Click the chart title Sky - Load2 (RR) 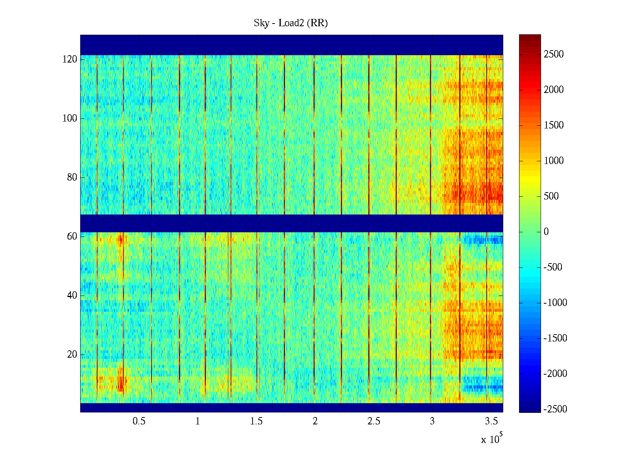[x=291, y=23]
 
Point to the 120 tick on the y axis [x=70, y=59]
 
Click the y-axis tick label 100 [x=70, y=118]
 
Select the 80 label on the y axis [x=72, y=177]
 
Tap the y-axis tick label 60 [x=72, y=237]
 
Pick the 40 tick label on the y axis [x=72, y=296]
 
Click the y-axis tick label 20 [x=72, y=355]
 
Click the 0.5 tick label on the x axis [x=139, y=421]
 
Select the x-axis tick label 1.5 [x=256, y=421]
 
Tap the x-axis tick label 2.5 [x=374, y=421]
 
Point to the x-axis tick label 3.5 [x=491, y=421]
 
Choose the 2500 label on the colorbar [x=554, y=54]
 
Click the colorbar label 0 [x=546, y=232]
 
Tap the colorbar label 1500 [x=554, y=125]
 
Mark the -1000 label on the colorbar [x=555, y=303]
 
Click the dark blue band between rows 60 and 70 [x=292, y=223]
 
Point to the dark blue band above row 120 [x=292, y=45]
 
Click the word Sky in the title [x=261, y=23]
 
